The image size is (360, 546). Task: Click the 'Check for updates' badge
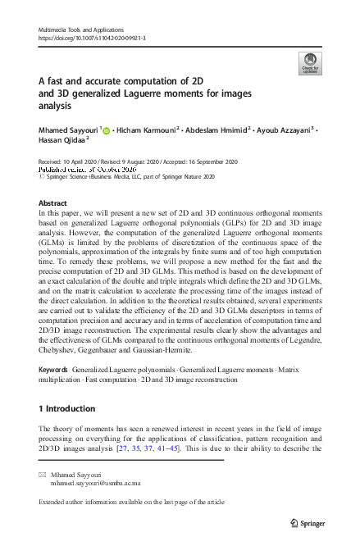(x=310, y=63)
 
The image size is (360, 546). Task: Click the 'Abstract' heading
(x=53, y=202)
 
